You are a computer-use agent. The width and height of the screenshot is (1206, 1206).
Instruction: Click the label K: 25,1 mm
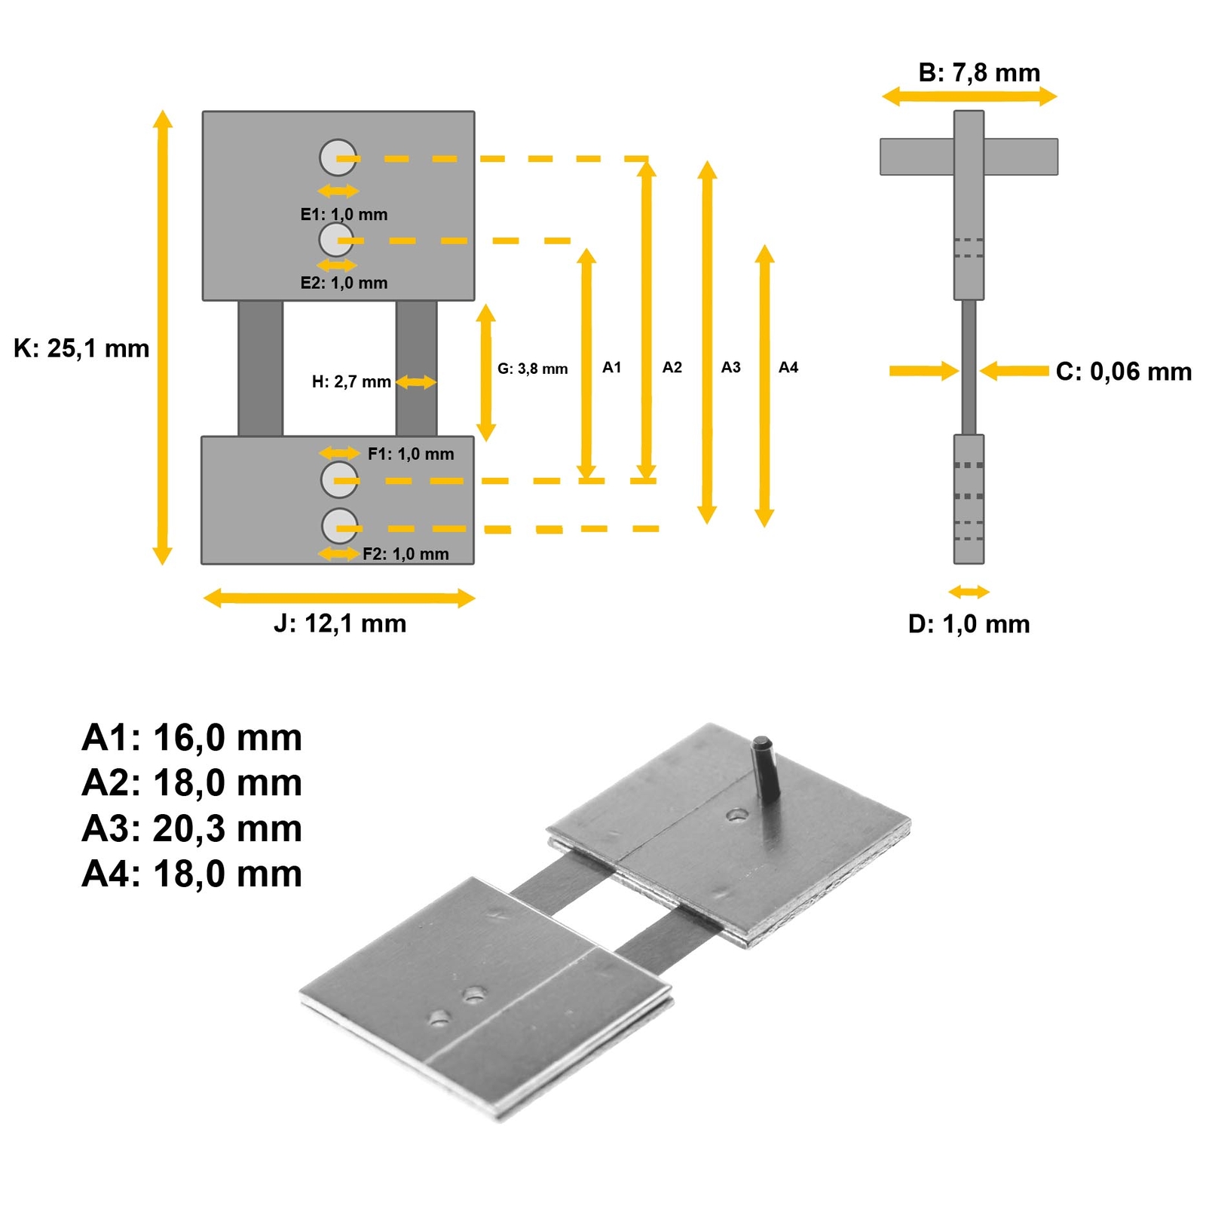pos(81,349)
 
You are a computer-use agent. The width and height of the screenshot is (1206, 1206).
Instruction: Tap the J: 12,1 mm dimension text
pos(340,624)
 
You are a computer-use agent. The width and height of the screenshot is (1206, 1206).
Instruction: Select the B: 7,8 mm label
pos(979,73)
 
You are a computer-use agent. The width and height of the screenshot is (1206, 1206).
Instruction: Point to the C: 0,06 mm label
pos(1123,372)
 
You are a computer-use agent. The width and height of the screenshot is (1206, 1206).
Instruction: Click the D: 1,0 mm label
pos(969,624)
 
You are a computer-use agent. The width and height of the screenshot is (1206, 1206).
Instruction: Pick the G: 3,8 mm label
pos(532,369)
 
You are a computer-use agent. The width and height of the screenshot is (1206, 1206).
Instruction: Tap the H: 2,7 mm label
pos(351,382)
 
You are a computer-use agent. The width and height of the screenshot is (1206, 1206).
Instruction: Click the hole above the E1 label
pos(338,158)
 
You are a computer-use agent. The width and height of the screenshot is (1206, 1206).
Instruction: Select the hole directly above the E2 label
pos(336,240)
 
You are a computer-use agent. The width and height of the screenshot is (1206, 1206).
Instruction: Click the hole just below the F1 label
pos(339,479)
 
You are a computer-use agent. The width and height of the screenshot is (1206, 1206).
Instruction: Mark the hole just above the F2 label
pos(340,526)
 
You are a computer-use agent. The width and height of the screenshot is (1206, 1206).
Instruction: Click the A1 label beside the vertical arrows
pos(611,368)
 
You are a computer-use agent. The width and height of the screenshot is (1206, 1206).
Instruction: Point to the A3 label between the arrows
pos(730,368)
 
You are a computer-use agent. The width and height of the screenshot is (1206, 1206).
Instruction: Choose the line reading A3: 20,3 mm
pos(192,829)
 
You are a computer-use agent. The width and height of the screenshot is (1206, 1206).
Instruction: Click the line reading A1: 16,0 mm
pos(192,738)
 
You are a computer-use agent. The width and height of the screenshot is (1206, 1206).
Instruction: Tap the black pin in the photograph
pos(767,768)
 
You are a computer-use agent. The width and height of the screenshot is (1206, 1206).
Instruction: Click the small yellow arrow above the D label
pos(969,592)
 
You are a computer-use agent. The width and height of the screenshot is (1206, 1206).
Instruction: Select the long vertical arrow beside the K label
pos(162,337)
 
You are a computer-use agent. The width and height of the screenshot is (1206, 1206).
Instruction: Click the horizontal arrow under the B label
pos(969,96)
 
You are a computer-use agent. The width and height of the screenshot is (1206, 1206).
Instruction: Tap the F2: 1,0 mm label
pos(406,555)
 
